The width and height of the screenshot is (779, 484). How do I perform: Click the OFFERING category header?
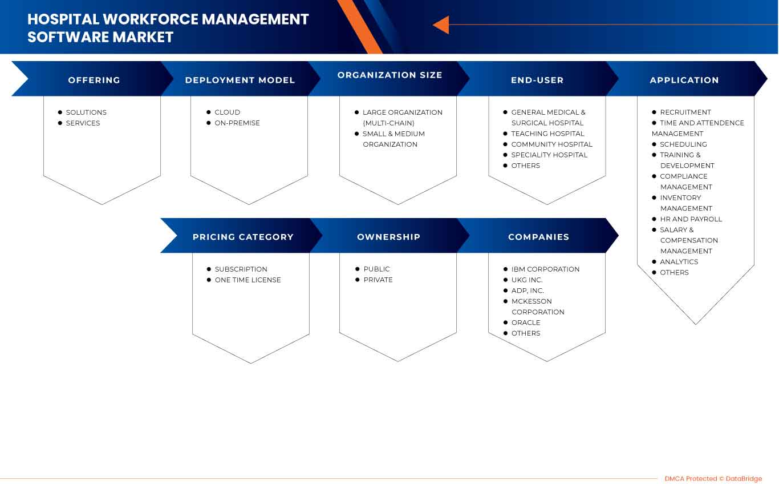[x=94, y=80]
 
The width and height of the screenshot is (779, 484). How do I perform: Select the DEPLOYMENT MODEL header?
[x=240, y=80]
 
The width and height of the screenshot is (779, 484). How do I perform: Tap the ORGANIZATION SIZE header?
[x=389, y=75]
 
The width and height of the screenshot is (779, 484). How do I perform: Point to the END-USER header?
[x=537, y=80]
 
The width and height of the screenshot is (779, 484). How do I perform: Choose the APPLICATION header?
[x=684, y=80]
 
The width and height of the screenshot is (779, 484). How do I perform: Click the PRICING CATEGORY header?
[x=243, y=237]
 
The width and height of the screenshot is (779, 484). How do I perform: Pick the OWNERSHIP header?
[x=388, y=237]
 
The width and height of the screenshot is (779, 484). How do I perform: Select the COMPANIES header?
[x=538, y=237]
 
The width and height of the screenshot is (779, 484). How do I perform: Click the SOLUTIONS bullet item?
[x=86, y=112]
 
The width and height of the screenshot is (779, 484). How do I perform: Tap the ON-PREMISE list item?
[x=237, y=123]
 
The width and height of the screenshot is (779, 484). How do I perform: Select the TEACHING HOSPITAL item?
[x=547, y=134]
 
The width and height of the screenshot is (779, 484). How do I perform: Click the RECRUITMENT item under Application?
[x=685, y=112]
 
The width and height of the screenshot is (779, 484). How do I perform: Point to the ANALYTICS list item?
[x=679, y=262]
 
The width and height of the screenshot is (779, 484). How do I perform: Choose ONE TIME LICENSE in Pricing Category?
[x=248, y=280]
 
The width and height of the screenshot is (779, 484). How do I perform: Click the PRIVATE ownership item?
[x=378, y=280]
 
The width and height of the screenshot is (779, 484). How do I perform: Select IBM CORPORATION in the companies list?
[x=545, y=269]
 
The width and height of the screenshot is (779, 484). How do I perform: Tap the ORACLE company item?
[x=526, y=323]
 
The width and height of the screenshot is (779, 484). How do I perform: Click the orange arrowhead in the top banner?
[x=441, y=25]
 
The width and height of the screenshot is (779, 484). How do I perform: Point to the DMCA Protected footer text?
[x=713, y=479]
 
